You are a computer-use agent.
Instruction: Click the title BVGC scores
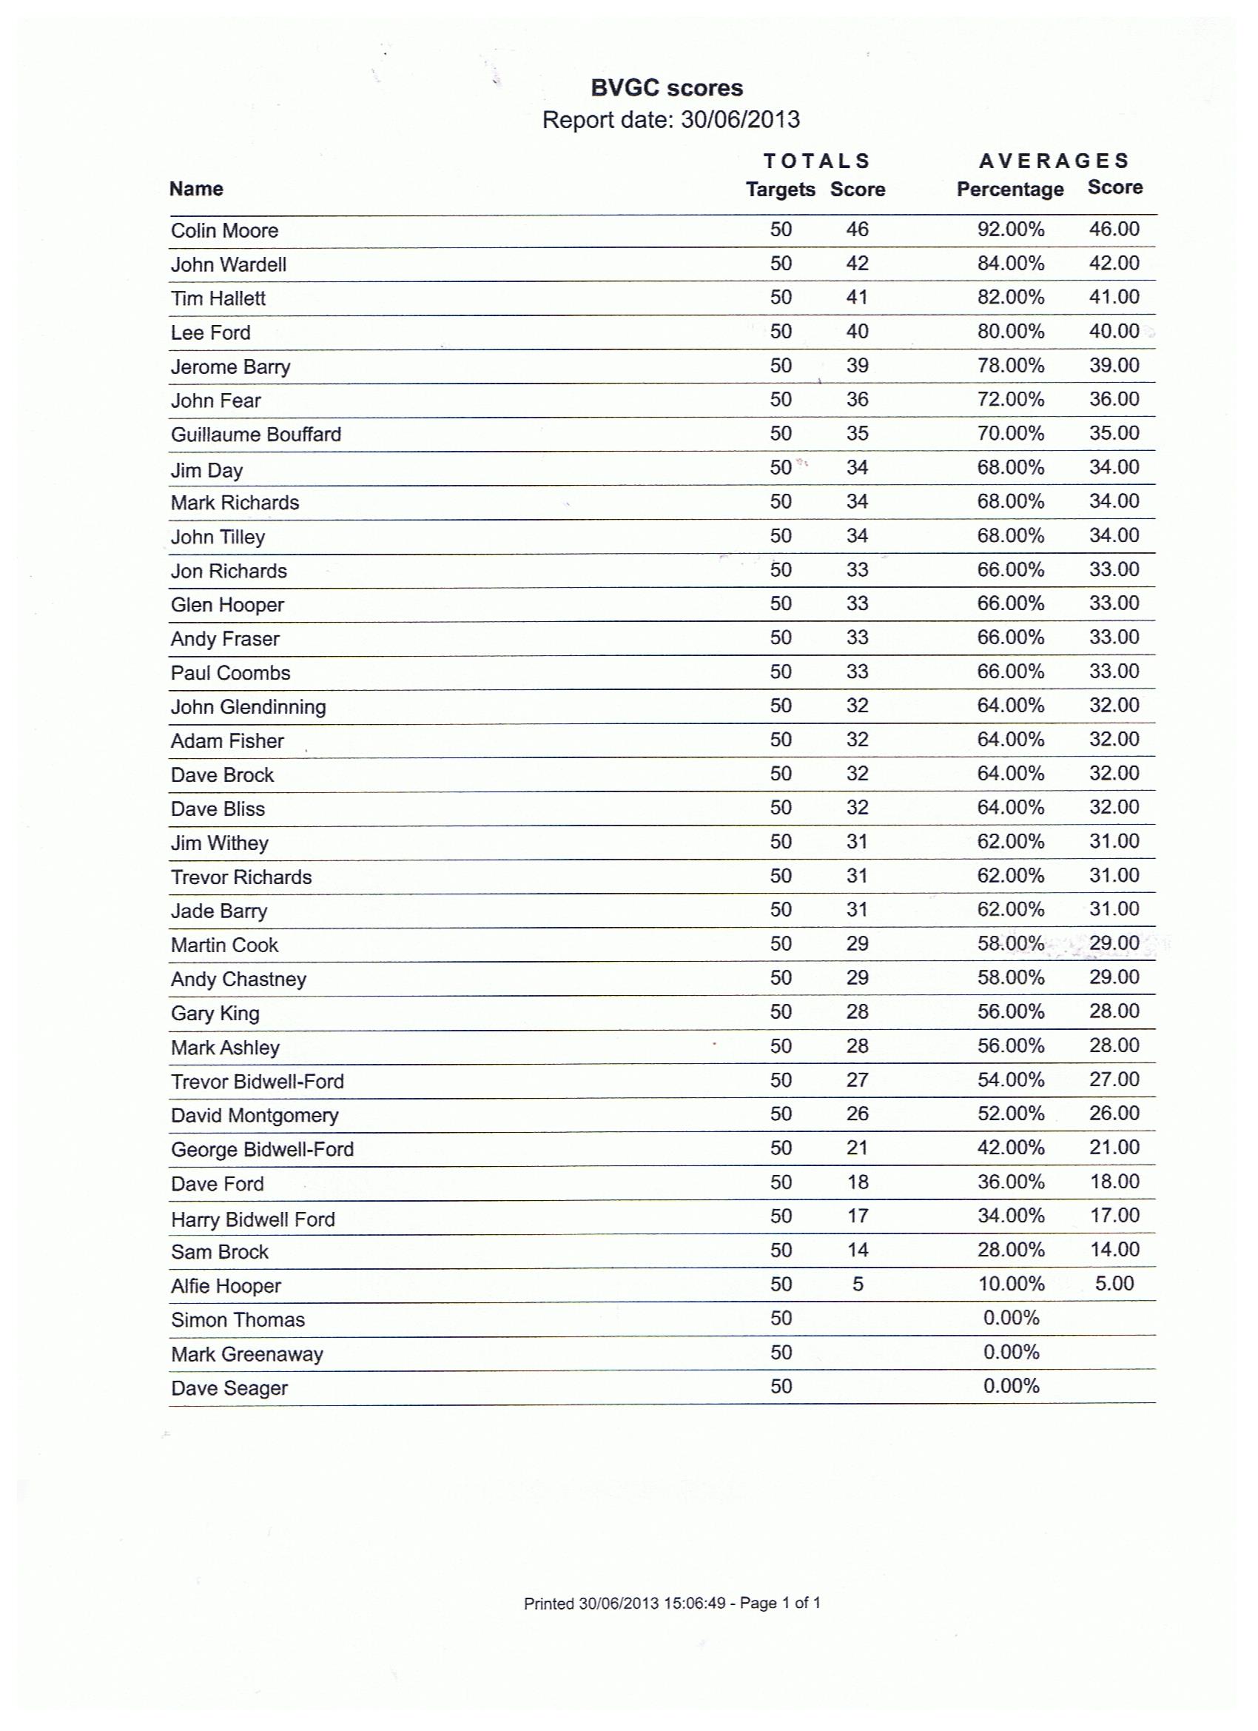click(x=666, y=89)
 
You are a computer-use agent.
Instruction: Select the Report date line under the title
click(x=670, y=120)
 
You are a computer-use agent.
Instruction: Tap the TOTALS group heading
click(x=816, y=161)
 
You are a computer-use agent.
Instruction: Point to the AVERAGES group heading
click(x=1054, y=161)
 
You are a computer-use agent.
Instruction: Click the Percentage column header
click(x=1009, y=190)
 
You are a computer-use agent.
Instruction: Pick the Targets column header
click(x=780, y=190)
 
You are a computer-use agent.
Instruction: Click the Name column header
click(x=196, y=189)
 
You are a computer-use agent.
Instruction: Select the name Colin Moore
click(x=224, y=230)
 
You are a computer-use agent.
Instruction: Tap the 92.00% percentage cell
click(x=1010, y=230)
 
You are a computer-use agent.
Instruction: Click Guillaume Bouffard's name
click(x=255, y=435)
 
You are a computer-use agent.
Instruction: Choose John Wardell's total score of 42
click(x=857, y=264)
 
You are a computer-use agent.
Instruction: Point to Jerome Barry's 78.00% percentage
click(x=1010, y=366)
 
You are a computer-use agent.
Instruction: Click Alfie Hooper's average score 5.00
click(x=1114, y=1283)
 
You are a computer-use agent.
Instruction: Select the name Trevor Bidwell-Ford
click(x=257, y=1082)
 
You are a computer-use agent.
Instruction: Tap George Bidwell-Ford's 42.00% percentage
click(x=1010, y=1148)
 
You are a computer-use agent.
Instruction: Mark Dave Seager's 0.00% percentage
click(x=1010, y=1386)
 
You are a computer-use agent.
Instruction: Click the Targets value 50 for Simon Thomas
click(x=781, y=1318)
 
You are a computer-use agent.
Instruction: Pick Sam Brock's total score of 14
click(x=857, y=1250)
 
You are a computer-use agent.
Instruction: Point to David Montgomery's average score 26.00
click(x=1114, y=1114)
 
